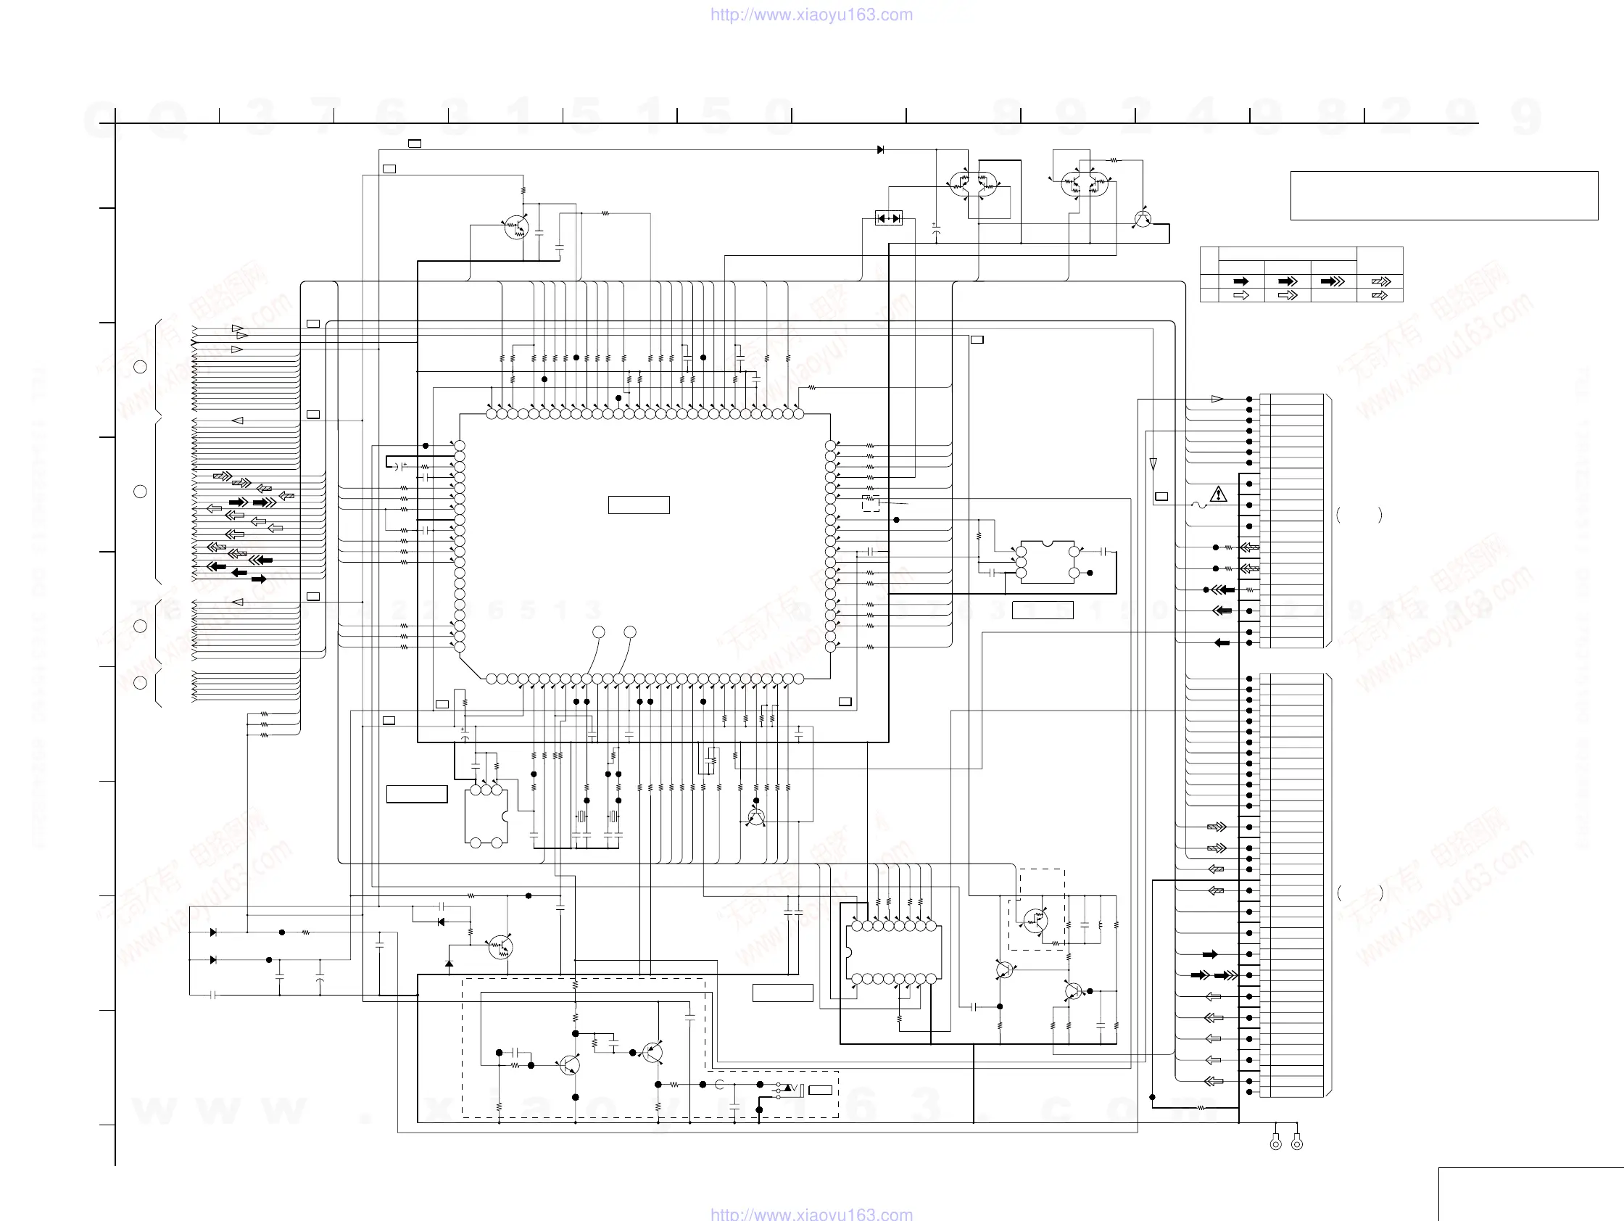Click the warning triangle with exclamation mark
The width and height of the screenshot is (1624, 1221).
(1218, 494)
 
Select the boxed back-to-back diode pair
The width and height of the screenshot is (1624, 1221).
(888, 218)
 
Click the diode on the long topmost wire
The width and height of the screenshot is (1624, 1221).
(880, 150)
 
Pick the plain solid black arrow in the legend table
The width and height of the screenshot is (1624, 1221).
(1240, 281)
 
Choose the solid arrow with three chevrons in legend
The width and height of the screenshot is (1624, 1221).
(1333, 281)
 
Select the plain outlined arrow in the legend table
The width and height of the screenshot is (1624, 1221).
(1240, 295)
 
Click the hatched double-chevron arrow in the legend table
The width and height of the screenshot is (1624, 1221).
(1380, 295)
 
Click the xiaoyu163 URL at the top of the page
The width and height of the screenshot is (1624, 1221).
(811, 15)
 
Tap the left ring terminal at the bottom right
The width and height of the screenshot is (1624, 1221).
(1276, 1143)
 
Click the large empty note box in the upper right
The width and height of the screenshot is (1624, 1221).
(1443, 195)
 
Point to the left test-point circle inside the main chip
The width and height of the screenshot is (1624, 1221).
(599, 632)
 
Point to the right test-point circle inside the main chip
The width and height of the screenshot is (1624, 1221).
(630, 632)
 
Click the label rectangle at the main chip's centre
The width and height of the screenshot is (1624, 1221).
(639, 505)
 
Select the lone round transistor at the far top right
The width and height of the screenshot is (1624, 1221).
(1143, 219)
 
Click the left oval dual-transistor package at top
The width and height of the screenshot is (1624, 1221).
(974, 183)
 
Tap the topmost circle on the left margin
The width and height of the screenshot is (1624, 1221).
(140, 366)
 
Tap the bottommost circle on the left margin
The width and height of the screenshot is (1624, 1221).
(140, 683)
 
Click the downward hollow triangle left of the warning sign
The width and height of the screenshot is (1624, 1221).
(1153, 464)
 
